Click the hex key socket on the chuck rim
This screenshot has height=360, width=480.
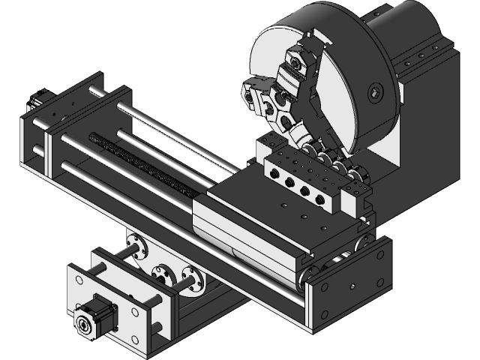tap(376, 93)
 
